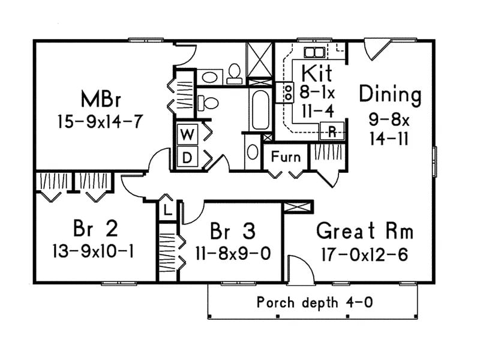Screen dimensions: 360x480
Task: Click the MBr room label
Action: [100, 98]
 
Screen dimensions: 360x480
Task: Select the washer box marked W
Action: [187, 135]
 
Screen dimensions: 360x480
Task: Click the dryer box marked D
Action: [187, 158]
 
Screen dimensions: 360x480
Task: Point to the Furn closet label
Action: [286, 157]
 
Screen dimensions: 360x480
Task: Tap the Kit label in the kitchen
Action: [316, 73]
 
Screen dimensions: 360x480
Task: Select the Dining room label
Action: [390, 95]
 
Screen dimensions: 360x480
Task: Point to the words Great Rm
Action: [364, 230]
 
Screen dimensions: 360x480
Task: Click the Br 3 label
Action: [233, 230]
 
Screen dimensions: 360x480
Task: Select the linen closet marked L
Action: [167, 211]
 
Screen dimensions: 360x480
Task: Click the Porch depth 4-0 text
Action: [314, 302]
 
